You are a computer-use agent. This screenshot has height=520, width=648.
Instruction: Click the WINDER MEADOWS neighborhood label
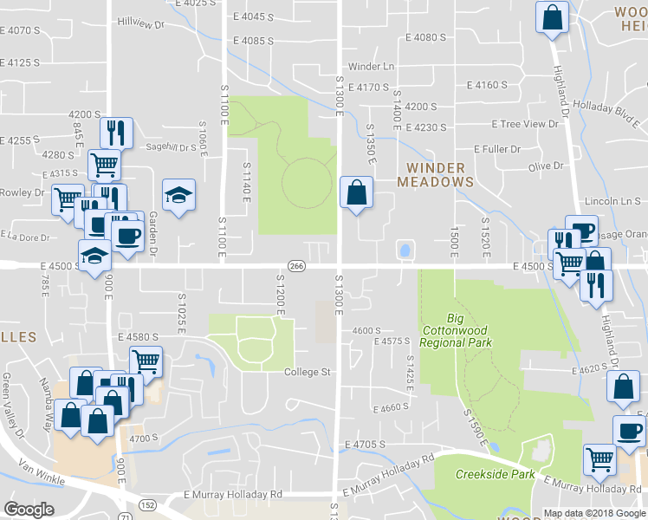pyautogui.click(x=436, y=174)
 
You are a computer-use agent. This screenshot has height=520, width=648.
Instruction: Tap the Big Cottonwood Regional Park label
pyautogui.click(x=456, y=330)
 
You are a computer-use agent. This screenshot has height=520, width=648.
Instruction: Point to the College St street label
pyautogui.click(x=308, y=373)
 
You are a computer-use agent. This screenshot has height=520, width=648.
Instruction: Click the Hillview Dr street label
pyautogui.click(x=140, y=22)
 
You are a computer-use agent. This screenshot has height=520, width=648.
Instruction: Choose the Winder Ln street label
pyautogui.click(x=371, y=67)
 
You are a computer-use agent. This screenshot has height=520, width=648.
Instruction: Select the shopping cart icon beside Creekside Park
pyautogui.click(x=599, y=459)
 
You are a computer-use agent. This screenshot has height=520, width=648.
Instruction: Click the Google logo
pyautogui.click(x=29, y=509)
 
